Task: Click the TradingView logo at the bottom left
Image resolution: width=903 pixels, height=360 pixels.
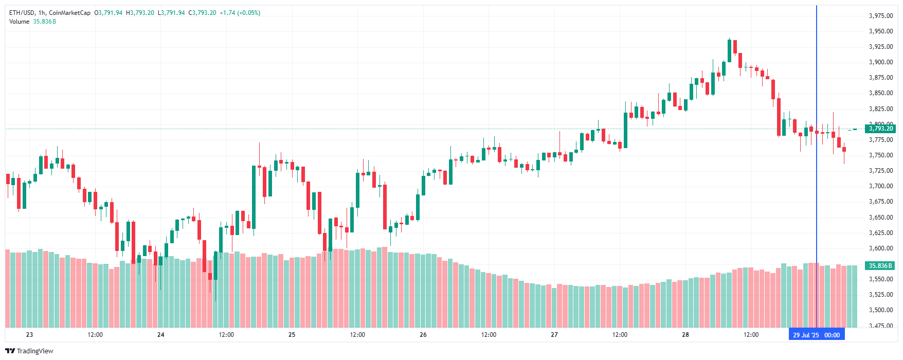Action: tap(29, 351)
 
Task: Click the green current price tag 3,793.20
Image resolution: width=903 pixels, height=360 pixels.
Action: tap(881, 129)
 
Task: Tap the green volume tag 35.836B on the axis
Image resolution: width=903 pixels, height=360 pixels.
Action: tap(880, 266)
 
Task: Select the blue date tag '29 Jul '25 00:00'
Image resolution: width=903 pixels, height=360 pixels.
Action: tap(816, 335)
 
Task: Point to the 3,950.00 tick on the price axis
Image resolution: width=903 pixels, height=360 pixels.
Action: tap(881, 31)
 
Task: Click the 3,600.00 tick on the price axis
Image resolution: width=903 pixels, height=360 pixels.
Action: tap(881, 248)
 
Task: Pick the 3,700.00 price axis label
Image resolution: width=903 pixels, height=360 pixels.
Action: tap(881, 186)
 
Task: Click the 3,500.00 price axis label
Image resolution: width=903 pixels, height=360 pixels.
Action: tap(881, 310)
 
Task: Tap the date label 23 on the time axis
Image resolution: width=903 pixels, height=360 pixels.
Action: tap(29, 335)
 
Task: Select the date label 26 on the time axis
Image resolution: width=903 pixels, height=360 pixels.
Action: tap(423, 335)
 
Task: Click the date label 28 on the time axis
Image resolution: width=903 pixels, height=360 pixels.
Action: tap(685, 335)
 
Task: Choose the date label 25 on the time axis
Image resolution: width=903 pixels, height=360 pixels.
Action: tap(292, 335)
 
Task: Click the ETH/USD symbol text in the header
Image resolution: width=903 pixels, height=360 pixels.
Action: tap(22, 13)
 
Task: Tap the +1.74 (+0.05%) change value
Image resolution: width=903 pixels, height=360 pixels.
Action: tap(240, 13)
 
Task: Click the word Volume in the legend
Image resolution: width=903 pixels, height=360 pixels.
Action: tap(20, 22)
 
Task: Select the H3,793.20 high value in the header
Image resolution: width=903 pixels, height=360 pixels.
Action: tap(140, 13)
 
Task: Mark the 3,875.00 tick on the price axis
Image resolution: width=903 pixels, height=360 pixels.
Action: tap(881, 78)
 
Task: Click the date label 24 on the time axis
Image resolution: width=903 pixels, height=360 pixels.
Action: tap(161, 335)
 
